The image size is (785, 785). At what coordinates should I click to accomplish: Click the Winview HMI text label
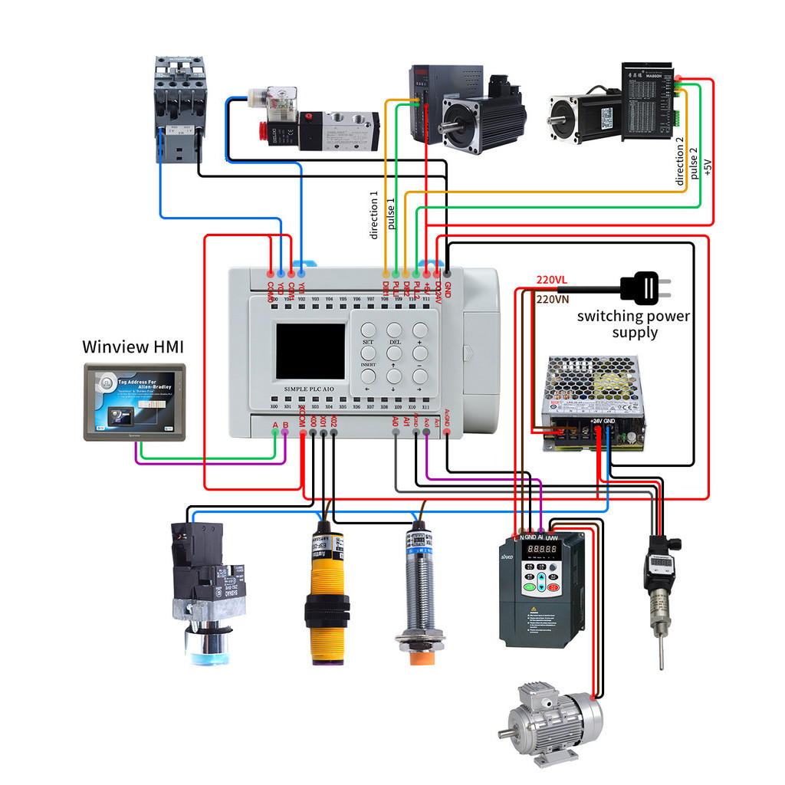[133, 347]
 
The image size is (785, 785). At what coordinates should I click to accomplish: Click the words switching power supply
[634, 324]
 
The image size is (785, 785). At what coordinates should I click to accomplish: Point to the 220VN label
[552, 298]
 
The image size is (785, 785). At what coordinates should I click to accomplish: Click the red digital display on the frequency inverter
[541, 550]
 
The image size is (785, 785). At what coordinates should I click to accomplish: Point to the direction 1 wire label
[375, 214]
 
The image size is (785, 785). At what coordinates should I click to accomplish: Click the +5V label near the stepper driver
[708, 166]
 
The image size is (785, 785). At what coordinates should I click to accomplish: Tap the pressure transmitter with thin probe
[658, 590]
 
